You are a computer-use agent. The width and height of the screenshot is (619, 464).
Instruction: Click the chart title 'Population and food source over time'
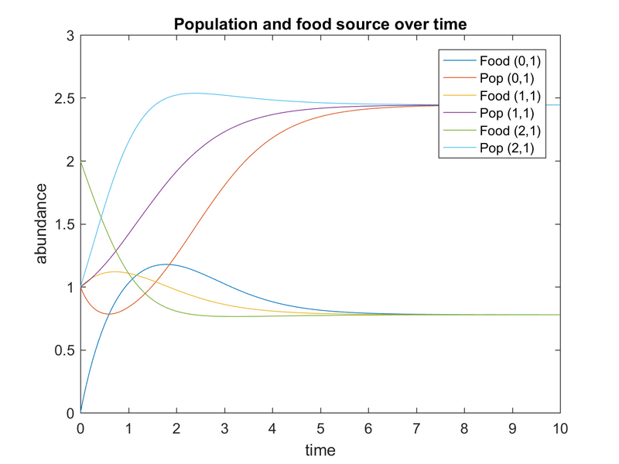pyautogui.click(x=320, y=24)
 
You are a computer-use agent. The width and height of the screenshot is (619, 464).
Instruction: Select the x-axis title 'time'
pyautogui.click(x=320, y=449)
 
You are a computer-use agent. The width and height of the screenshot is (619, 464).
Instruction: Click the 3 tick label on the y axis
pyautogui.click(x=70, y=36)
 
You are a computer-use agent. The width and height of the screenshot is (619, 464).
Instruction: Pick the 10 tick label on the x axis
pyautogui.click(x=559, y=428)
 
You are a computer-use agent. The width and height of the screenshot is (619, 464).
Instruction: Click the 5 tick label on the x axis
pyautogui.click(x=320, y=428)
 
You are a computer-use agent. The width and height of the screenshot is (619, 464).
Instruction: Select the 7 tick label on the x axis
pyautogui.click(x=416, y=428)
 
